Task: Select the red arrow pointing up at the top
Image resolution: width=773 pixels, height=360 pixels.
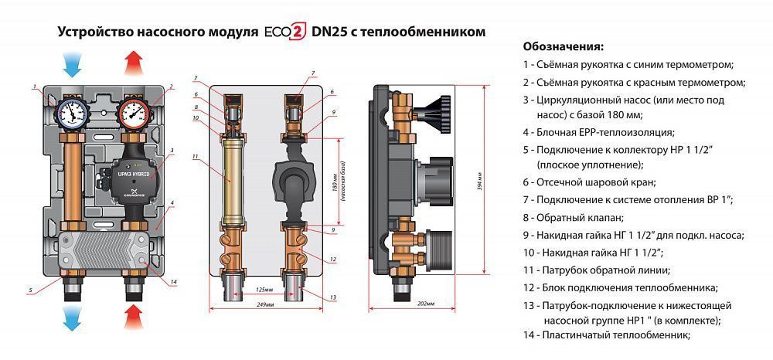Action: (x=134, y=61)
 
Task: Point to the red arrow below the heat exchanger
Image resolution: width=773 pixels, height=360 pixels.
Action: (x=134, y=316)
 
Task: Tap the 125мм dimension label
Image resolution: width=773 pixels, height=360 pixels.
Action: (x=264, y=290)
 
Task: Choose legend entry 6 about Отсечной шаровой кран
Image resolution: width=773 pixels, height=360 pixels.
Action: (x=590, y=182)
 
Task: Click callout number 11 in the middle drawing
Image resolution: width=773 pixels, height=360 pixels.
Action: (x=196, y=157)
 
